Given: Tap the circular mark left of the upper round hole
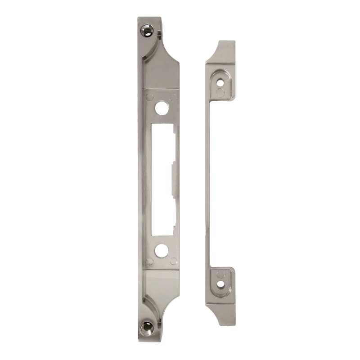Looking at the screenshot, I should (150, 96).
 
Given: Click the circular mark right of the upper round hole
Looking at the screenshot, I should (173, 96).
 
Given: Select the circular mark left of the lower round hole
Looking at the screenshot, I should (150, 261).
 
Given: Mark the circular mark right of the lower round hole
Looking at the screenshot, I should (173, 261).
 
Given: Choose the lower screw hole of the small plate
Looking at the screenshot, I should (221, 284).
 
